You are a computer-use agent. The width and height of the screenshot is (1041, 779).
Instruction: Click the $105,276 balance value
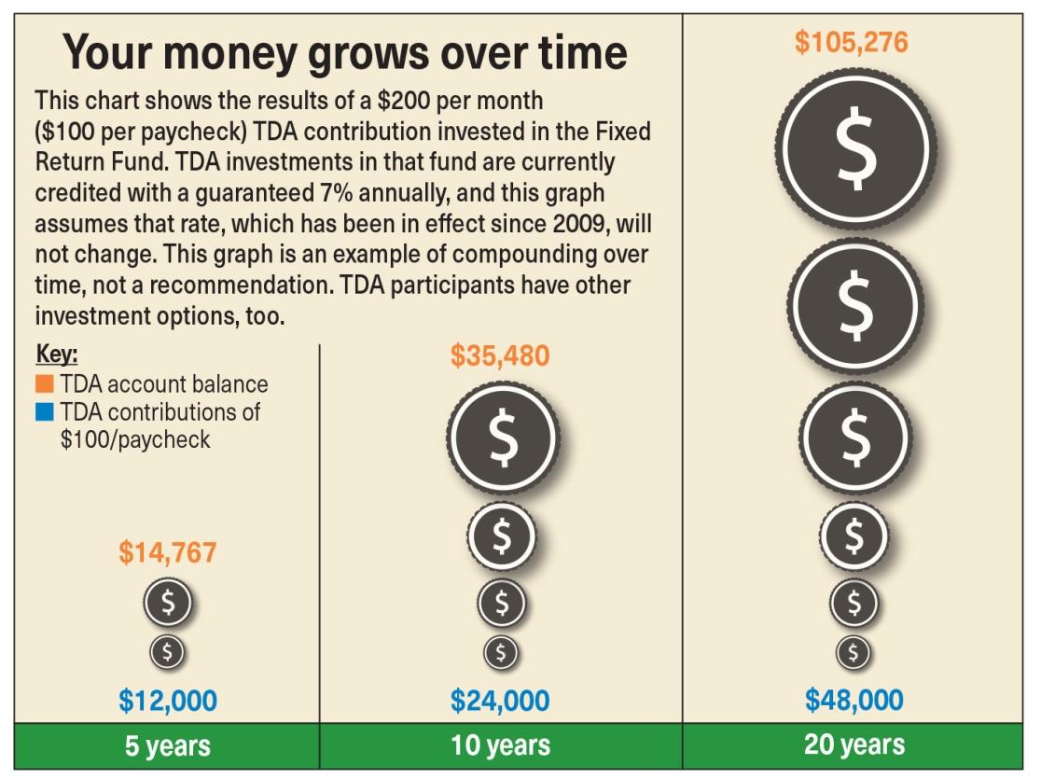(852, 43)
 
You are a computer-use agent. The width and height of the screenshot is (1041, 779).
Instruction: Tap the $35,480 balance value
(500, 355)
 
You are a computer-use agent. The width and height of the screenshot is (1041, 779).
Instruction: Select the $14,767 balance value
(167, 552)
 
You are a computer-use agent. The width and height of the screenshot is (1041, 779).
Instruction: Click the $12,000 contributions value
(168, 700)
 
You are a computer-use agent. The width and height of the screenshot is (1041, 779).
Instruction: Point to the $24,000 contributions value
(500, 700)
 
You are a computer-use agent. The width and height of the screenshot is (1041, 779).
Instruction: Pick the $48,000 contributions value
(854, 700)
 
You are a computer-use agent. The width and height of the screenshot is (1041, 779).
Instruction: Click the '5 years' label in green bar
(168, 746)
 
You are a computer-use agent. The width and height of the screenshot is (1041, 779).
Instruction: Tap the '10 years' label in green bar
(500, 746)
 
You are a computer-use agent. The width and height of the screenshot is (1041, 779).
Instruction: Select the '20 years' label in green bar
(854, 744)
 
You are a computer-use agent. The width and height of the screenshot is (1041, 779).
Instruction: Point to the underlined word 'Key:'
(56, 355)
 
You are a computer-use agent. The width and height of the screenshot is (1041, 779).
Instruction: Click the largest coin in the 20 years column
(854, 148)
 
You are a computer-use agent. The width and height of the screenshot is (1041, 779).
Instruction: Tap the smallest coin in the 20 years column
(854, 651)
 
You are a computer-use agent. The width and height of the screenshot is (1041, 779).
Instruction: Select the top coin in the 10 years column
(502, 438)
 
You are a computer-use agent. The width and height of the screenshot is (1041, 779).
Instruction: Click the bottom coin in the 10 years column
(501, 651)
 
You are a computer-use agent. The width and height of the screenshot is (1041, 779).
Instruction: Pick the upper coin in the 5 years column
(168, 602)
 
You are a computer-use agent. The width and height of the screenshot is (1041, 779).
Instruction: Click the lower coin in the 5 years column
(168, 651)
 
